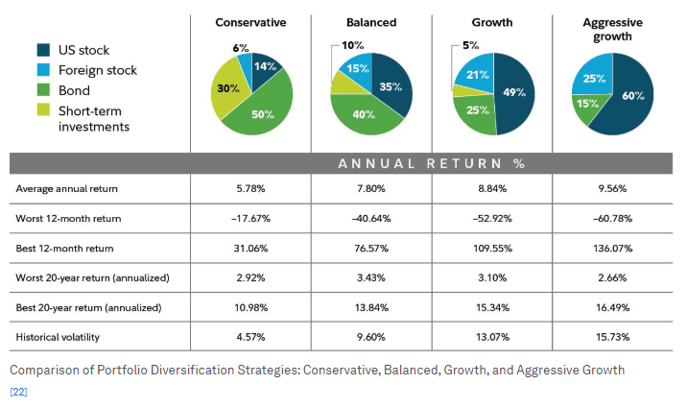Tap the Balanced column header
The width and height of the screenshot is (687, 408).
[371, 22]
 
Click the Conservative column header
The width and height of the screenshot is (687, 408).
[250, 22]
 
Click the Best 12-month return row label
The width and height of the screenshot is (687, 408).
[64, 249]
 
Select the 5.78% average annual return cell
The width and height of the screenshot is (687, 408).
[250, 189]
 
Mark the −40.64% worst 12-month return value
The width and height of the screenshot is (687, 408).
[371, 219]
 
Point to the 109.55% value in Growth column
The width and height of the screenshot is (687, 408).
[492, 249]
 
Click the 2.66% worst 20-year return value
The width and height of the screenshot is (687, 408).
[612, 278]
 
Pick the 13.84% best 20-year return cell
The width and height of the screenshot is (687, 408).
[371, 307]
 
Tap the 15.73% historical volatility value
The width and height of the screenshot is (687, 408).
[612, 337]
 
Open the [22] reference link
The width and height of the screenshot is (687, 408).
[18, 392]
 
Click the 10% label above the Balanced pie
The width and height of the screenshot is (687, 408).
[353, 45]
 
